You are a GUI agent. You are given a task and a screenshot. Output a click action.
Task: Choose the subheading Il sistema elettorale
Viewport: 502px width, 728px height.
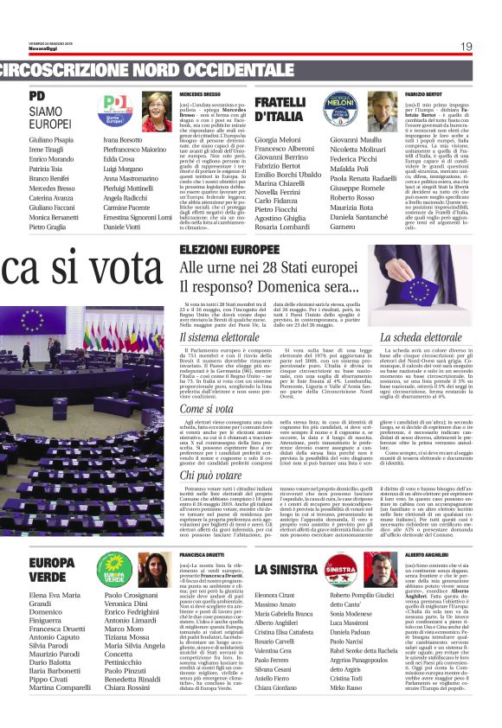pos(222,336)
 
